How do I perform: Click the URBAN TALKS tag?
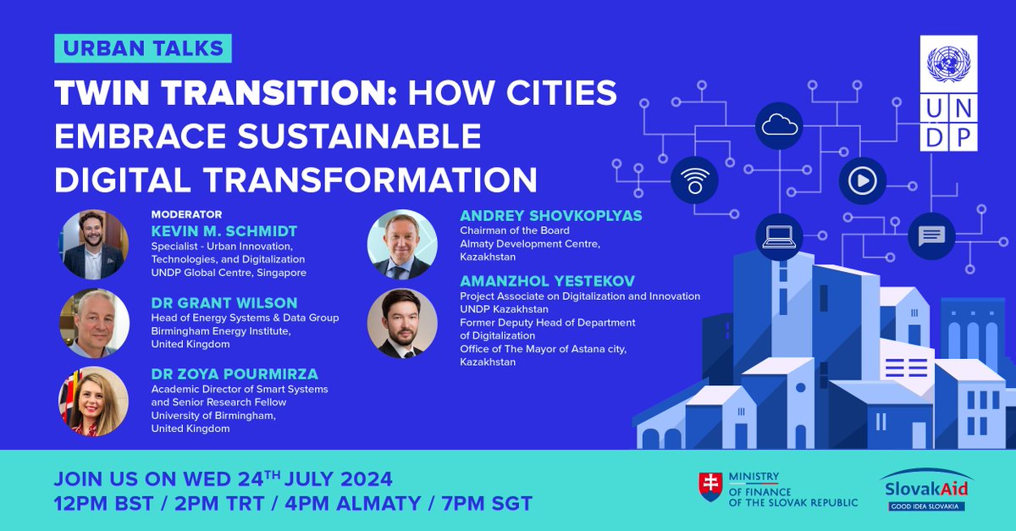click(x=142, y=48)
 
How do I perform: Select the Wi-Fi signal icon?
click(x=694, y=180)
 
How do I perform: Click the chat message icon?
click(x=931, y=235)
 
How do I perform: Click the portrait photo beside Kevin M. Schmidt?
click(x=94, y=245)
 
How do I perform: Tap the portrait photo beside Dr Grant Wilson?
click(x=94, y=324)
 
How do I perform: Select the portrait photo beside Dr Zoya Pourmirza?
click(x=94, y=401)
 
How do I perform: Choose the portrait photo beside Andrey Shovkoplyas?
click(x=401, y=245)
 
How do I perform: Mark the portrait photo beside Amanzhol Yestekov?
click(x=401, y=324)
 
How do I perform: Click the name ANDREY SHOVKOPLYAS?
click(x=550, y=216)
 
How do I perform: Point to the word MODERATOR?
click(x=186, y=215)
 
